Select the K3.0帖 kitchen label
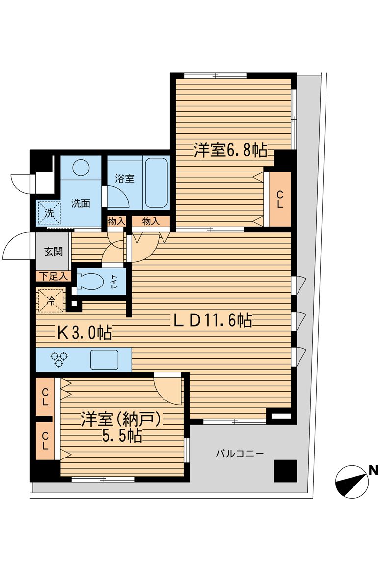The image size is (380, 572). [84, 333]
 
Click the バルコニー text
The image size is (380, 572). [240, 453]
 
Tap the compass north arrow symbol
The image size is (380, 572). [352, 480]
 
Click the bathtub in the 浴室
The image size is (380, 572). [157, 183]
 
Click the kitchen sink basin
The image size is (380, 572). [105, 359]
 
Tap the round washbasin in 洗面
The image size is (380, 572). [80, 168]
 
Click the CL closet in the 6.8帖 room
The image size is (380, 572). [279, 199]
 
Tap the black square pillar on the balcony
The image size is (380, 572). [285, 471]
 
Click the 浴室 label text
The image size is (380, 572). [125, 179]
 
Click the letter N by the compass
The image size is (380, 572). [373, 470]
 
